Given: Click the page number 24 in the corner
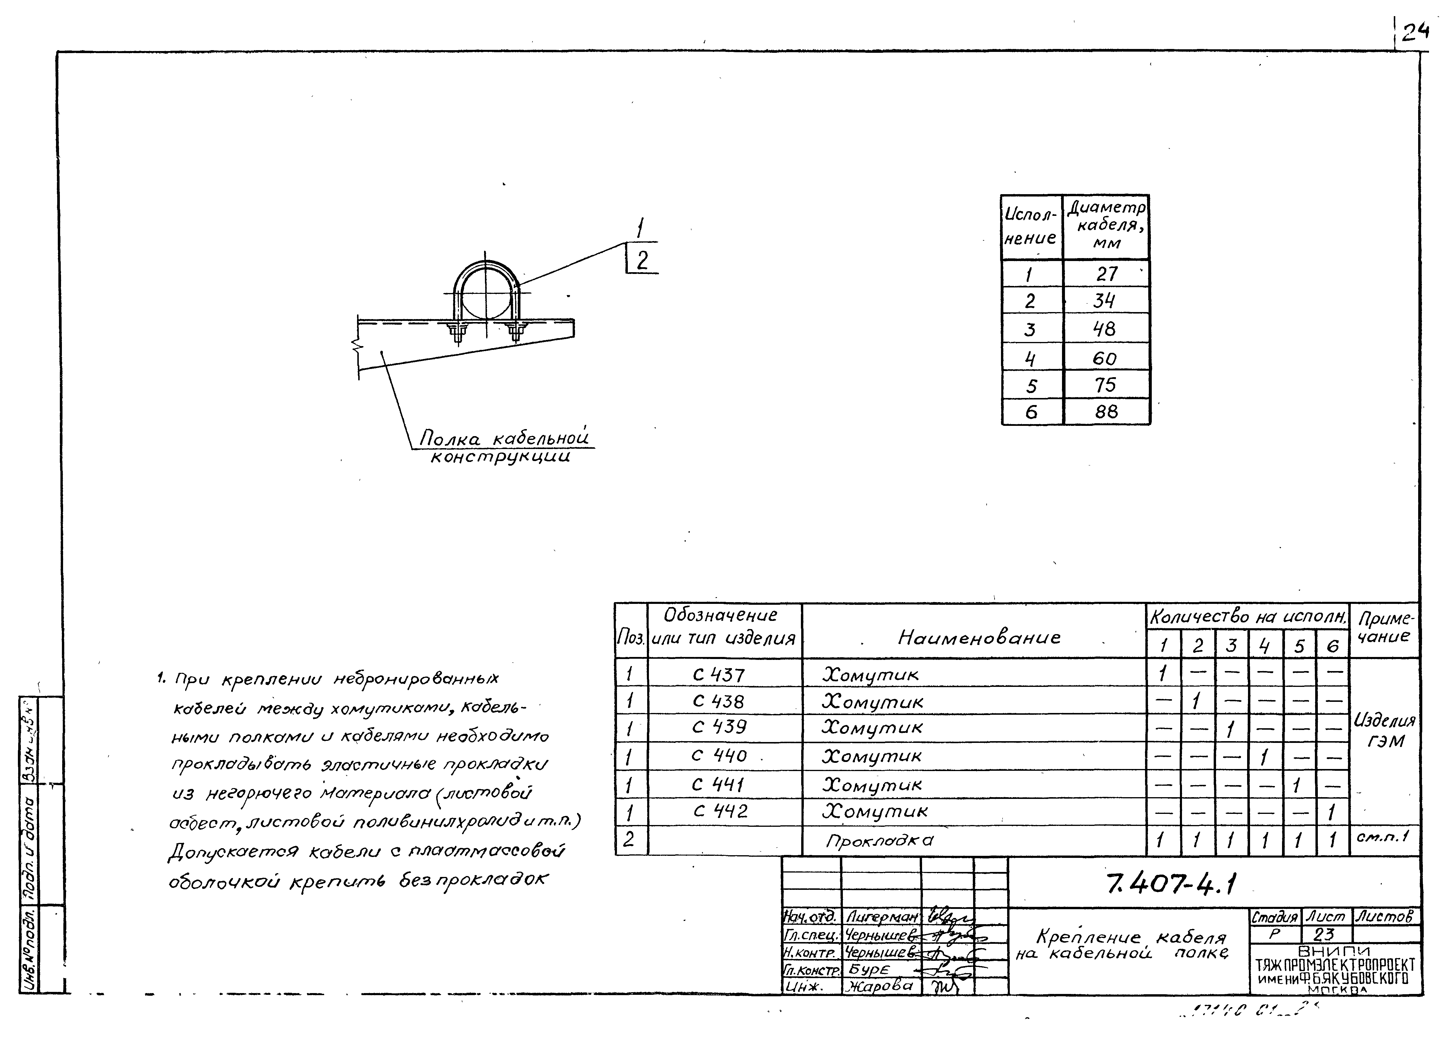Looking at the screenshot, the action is [x=1414, y=32].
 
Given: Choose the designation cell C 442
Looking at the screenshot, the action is [x=720, y=811].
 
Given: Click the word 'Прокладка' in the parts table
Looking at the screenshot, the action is [x=880, y=840].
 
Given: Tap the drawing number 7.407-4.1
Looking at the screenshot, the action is [x=1171, y=884].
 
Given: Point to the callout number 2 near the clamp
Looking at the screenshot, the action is [x=642, y=260].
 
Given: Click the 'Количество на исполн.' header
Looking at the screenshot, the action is [x=1247, y=617].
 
